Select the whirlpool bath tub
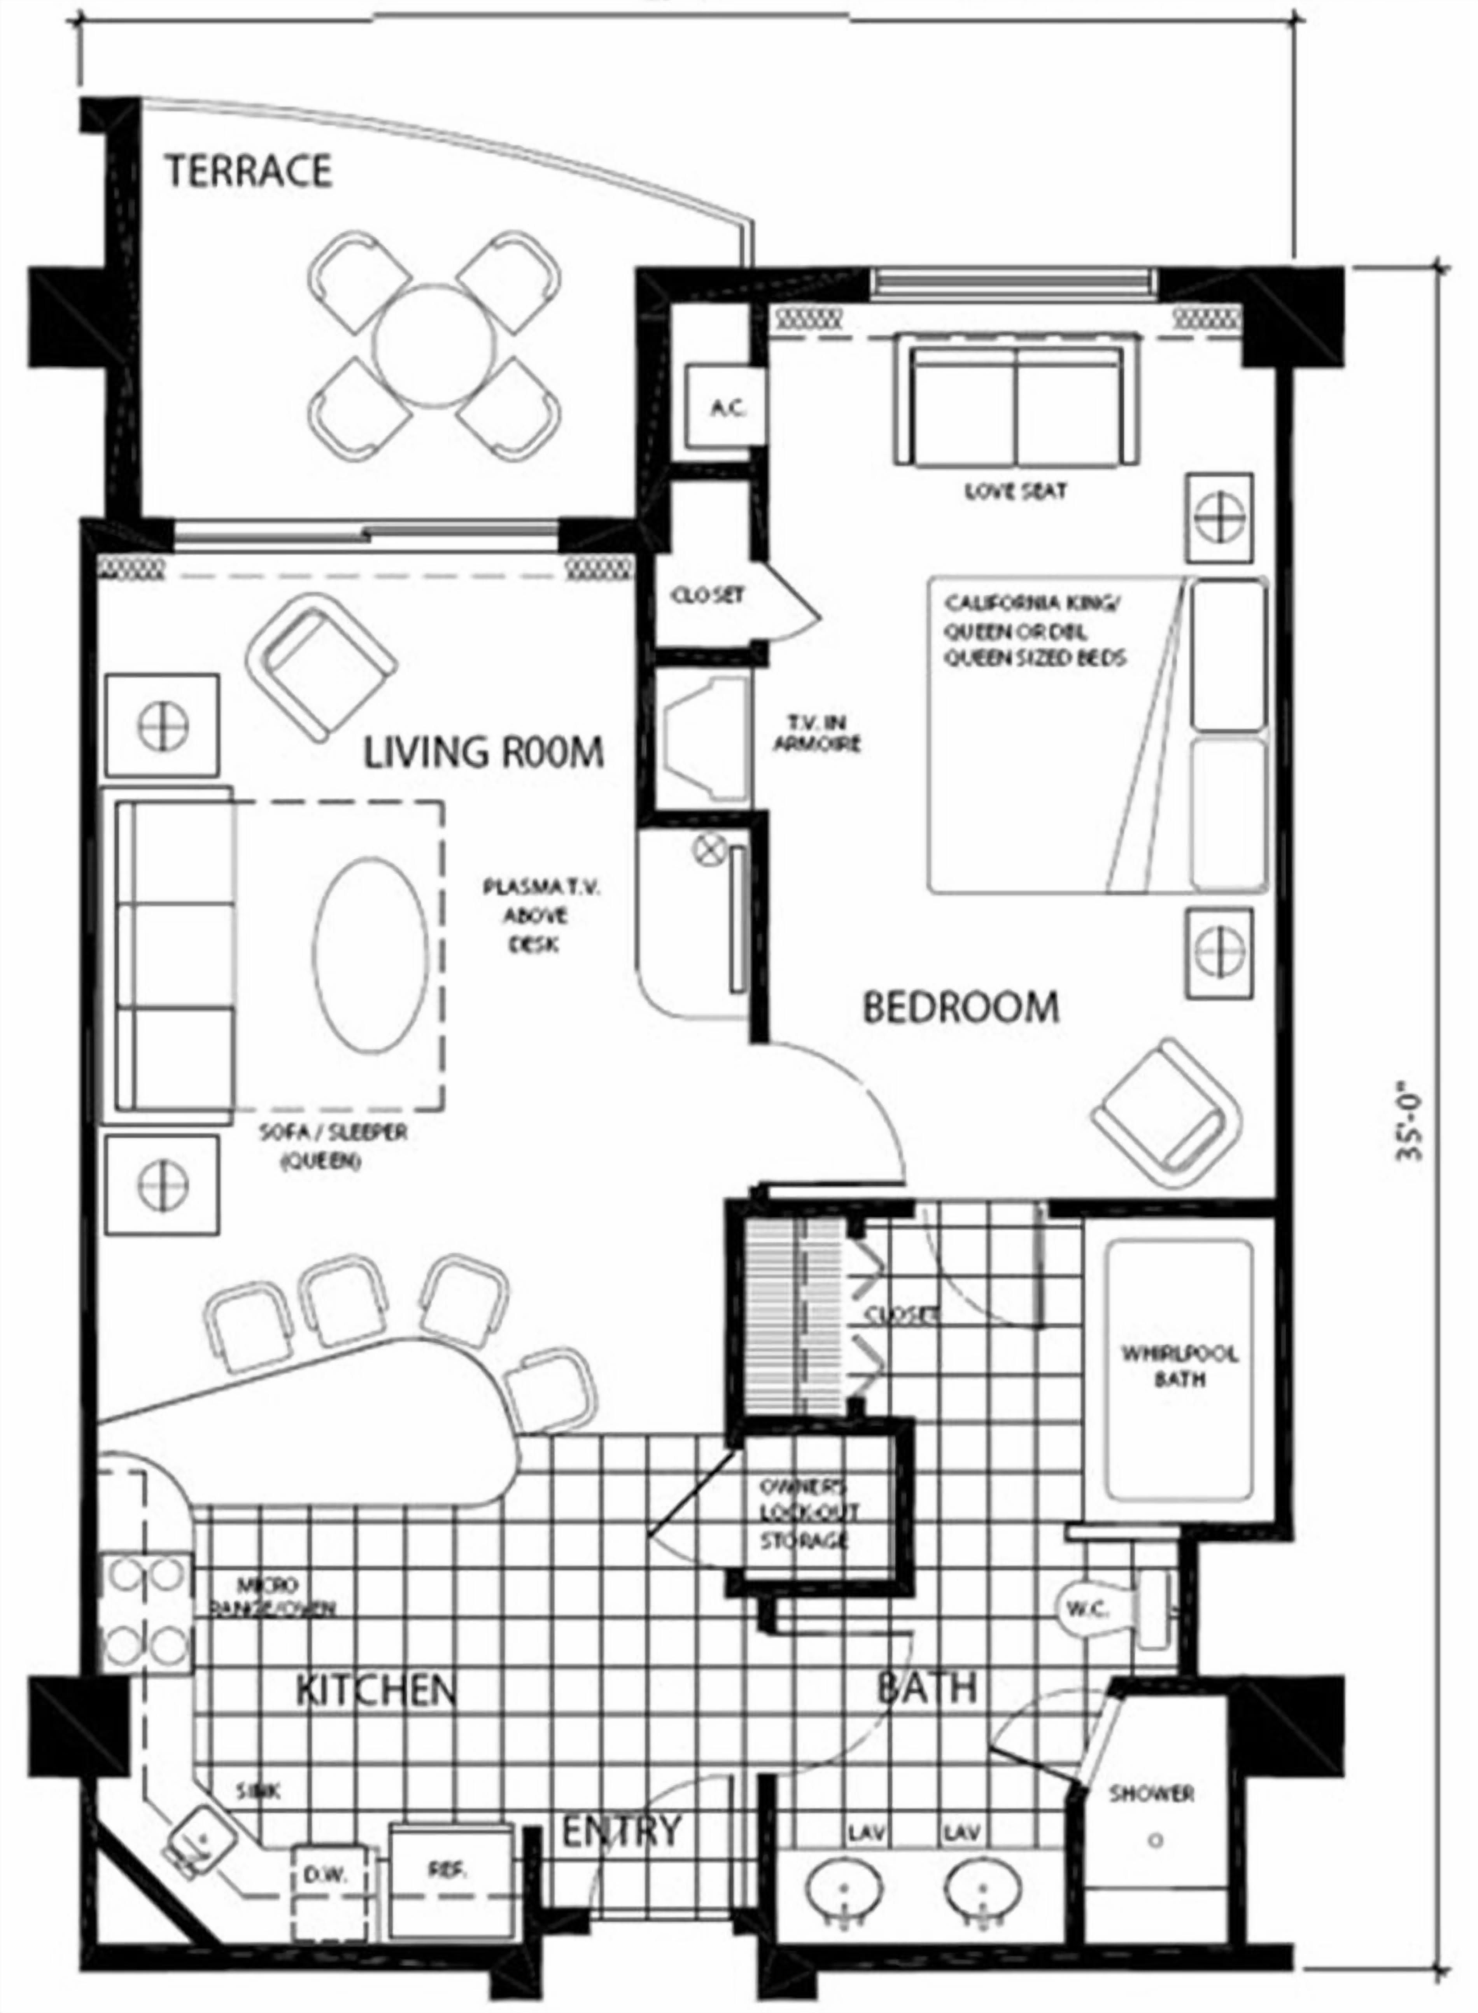1179,1371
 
